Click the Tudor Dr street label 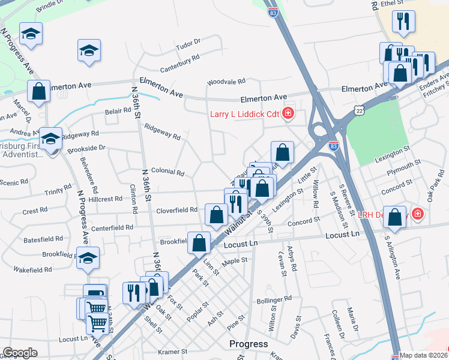pos(188,45)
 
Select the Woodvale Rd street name pos(226,82)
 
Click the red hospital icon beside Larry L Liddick pos(288,113)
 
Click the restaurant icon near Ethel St pos(403,22)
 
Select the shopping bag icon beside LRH pos(395,218)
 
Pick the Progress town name pos(249,344)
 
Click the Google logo pos(20,353)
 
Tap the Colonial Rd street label pos(167,172)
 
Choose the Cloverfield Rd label pos(177,210)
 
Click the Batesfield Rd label pos(44,239)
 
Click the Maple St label pos(235,261)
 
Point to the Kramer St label pos(173,352)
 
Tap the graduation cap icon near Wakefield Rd pos(88,257)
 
